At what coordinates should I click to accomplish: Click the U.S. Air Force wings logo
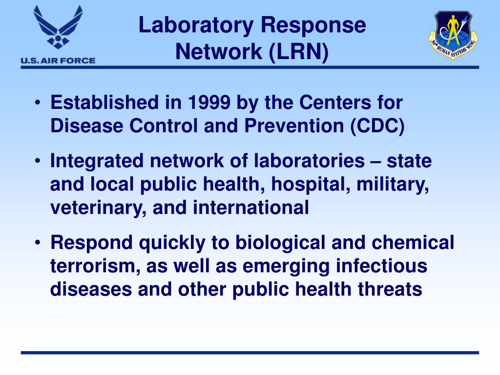click(x=58, y=28)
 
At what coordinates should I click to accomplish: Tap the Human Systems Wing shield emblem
click(x=453, y=35)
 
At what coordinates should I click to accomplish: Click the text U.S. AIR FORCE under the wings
click(x=58, y=61)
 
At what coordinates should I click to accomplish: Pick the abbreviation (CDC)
click(x=377, y=126)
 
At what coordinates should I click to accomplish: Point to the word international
click(x=251, y=208)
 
